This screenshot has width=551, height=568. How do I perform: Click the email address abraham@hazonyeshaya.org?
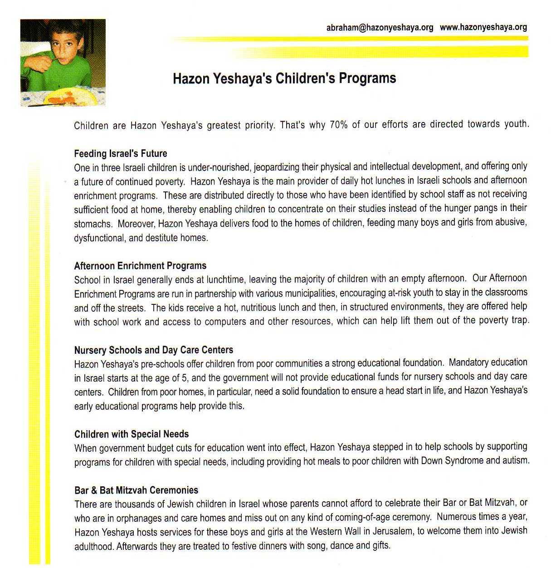coord(380,28)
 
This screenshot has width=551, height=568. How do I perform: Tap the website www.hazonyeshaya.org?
coord(483,27)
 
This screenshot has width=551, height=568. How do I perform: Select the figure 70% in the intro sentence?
coord(339,125)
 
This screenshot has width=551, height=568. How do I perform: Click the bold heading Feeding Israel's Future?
coord(121,153)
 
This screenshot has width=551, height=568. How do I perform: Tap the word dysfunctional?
coord(99,238)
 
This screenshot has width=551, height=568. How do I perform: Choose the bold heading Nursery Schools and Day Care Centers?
coord(154,350)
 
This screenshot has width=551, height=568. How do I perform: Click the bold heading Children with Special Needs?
coord(132,434)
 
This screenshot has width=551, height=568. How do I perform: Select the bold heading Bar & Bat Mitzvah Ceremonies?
coord(136,490)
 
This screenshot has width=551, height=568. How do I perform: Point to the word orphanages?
coord(135,518)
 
